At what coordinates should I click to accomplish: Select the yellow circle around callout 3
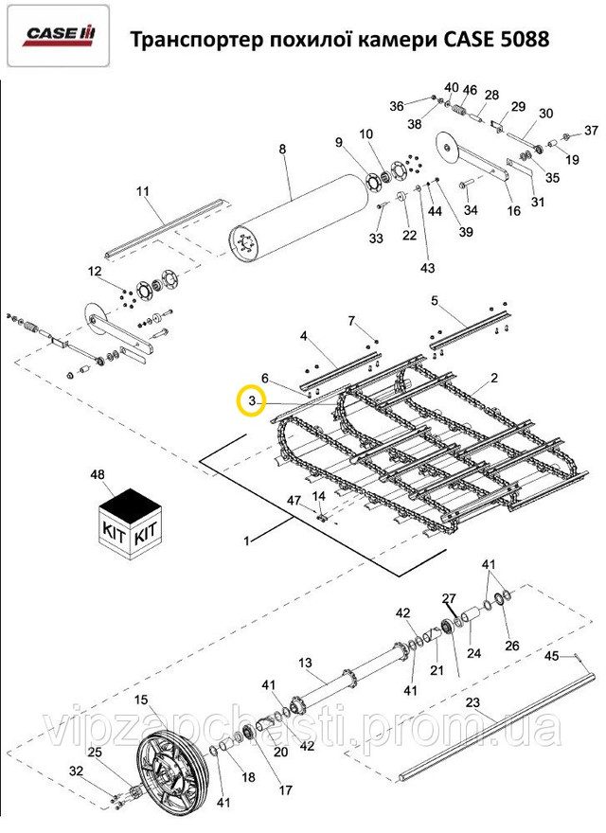251,401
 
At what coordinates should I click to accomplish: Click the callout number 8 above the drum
281,149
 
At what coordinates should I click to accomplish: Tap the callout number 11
143,192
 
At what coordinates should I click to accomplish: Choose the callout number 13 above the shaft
305,662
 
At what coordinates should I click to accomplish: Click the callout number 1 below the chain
247,541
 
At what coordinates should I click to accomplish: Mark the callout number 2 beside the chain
493,378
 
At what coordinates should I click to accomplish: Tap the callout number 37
591,130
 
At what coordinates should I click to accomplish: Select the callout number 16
514,211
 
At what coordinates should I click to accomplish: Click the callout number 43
427,269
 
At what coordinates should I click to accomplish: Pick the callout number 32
77,771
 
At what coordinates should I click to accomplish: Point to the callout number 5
435,302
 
